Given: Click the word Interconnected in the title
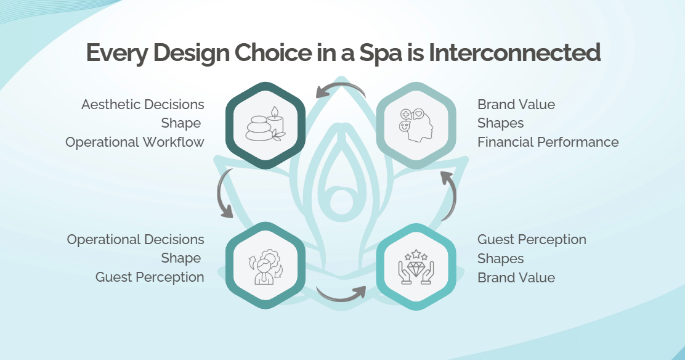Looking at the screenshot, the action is pyautogui.click(x=514, y=52).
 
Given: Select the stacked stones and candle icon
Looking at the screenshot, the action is pyautogui.click(x=265, y=125).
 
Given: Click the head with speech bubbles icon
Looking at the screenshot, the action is pyautogui.click(x=416, y=125).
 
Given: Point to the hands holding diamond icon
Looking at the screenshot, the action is pyautogui.click(x=416, y=267).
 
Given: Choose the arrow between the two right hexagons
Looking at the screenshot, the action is pyautogui.click(x=452, y=195).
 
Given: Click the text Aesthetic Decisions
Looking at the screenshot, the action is pyautogui.click(x=143, y=105).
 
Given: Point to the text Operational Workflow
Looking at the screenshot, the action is pyautogui.click(x=135, y=142).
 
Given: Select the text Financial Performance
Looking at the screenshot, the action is pyautogui.click(x=548, y=142).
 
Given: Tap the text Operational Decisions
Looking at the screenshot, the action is pyautogui.click(x=136, y=240).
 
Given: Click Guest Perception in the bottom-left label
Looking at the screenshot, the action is pyautogui.click(x=150, y=277).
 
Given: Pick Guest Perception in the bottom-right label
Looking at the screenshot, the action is pyautogui.click(x=532, y=240).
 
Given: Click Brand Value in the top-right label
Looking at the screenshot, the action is pyautogui.click(x=516, y=105).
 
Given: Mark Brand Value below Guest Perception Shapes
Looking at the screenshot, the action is pyautogui.click(x=516, y=278).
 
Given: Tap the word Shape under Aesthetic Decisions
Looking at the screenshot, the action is pyautogui.click(x=181, y=123).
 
